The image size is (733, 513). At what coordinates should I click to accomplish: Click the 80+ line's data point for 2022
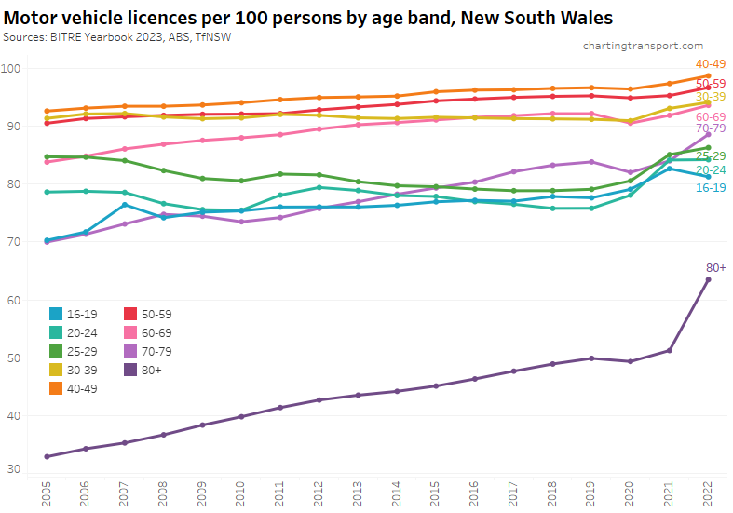click(708, 279)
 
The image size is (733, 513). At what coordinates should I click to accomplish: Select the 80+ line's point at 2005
click(47, 456)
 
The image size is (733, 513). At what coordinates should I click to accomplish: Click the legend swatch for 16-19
click(57, 314)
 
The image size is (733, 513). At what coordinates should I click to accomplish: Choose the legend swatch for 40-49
click(57, 388)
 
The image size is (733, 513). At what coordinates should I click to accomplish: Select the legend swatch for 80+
click(131, 370)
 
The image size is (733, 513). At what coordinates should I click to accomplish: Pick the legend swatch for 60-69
click(131, 332)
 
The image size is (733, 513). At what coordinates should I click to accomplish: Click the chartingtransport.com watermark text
click(643, 45)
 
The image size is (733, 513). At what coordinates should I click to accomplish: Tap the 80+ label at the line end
click(715, 268)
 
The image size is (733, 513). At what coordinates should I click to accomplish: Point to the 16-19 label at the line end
click(712, 187)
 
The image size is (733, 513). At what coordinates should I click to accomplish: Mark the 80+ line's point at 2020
click(631, 361)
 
